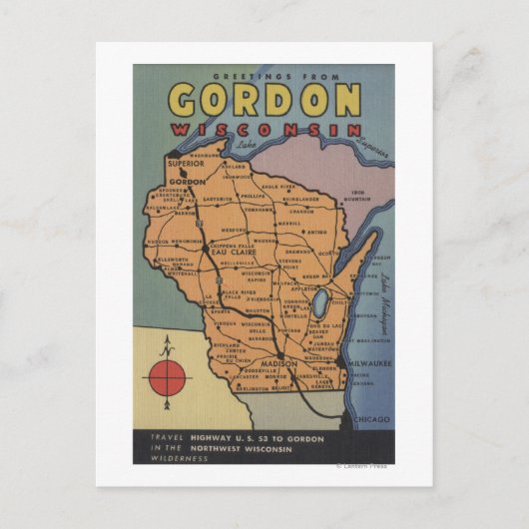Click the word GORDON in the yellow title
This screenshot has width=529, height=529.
(x=264, y=100)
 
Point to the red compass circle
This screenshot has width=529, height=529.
(x=169, y=378)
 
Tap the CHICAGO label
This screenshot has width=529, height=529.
(x=371, y=420)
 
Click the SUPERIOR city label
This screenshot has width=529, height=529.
(x=186, y=162)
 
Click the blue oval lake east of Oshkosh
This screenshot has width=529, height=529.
(x=318, y=303)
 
